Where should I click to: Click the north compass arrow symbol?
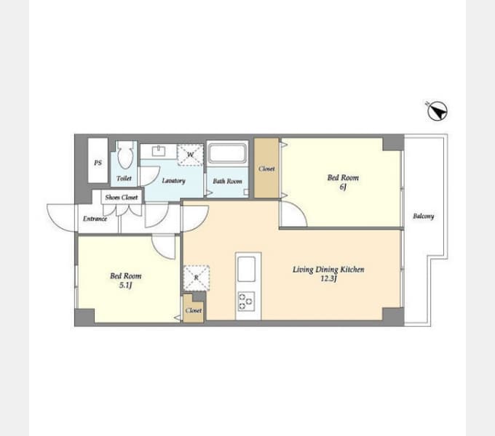pyautogui.click(x=437, y=111)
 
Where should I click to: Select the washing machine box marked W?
pyautogui.click(x=190, y=155)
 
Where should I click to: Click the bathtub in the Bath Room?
pyautogui.click(x=227, y=153)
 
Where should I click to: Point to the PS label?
pyautogui.click(x=98, y=163)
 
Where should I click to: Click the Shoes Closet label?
pyautogui.click(x=122, y=198)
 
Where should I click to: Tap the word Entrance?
pyautogui.click(x=95, y=219)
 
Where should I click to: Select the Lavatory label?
pyautogui.click(x=173, y=180)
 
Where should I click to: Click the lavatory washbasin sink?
pyautogui.click(x=159, y=151)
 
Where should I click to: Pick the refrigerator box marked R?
pyautogui.click(x=197, y=278)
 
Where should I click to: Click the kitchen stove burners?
pyautogui.click(x=247, y=302)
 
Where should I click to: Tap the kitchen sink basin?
pyautogui.click(x=247, y=269)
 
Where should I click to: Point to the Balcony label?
pyautogui.click(x=424, y=216)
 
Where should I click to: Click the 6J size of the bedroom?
pyautogui.click(x=343, y=187)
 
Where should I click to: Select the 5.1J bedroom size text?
pyautogui.click(x=125, y=286)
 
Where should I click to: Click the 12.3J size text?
pyautogui.click(x=328, y=278)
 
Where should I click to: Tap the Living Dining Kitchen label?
pyautogui.click(x=328, y=270)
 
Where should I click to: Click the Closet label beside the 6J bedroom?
pyautogui.click(x=266, y=169)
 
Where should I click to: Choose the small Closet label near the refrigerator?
pyautogui.click(x=194, y=310)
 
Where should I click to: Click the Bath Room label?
pyautogui.click(x=227, y=181)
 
